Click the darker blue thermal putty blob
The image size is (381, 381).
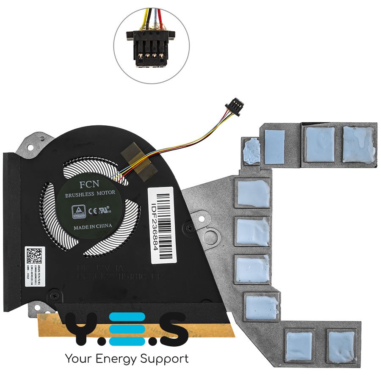tap(252, 151)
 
